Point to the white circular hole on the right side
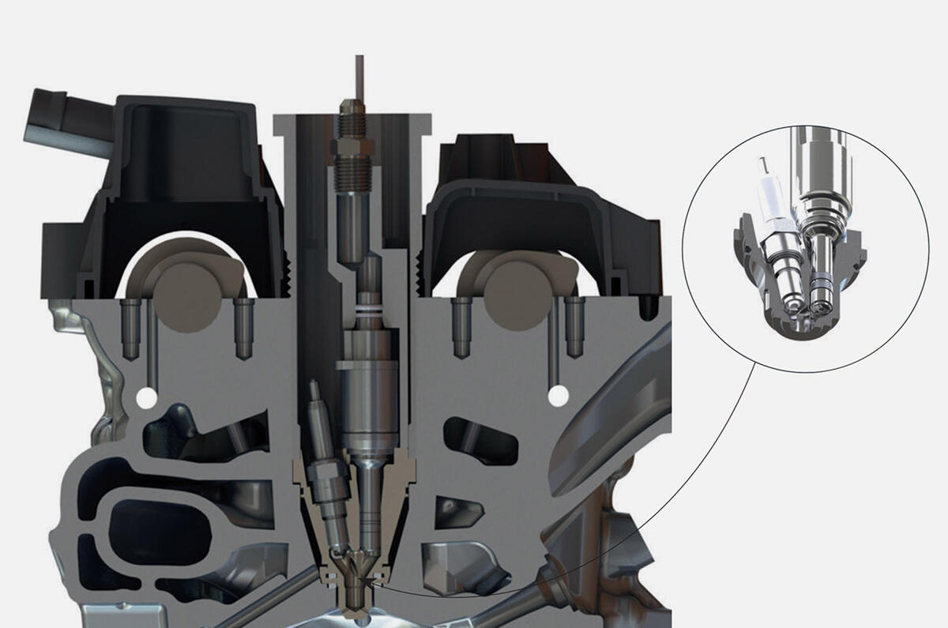(x=559, y=394)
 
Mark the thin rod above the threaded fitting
(x=359, y=75)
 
